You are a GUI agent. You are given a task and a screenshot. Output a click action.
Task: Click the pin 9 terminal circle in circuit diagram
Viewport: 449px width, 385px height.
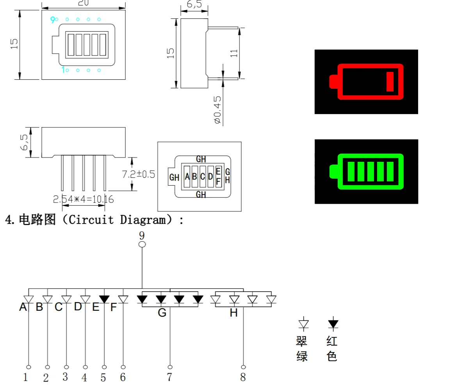pyautogui.click(x=142, y=244)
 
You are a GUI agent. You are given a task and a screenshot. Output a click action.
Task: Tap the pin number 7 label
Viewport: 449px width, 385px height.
pyautogui.click(x=169, y=377)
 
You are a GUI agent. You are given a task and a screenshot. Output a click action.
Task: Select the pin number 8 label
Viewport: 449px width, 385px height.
pyautogui.click(x=243, y=377)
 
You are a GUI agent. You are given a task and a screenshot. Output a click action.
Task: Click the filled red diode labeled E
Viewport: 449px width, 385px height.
pyautogui.click(x=104, y=299)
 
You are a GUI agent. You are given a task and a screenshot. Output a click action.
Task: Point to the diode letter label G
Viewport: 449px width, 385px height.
pyautogui.click(x=162, y=313)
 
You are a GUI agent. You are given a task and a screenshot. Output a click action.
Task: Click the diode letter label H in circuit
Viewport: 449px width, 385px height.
pyautogui.click(x=233, y=313)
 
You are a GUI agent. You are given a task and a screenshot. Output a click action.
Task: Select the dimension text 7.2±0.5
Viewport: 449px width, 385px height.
pyautogui.click(x=139, y=174)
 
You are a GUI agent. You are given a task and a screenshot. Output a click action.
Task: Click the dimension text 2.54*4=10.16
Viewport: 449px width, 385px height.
pyautogui.click(x=84, y=199)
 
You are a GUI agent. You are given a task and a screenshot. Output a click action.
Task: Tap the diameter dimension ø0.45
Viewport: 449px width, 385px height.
pyautogui.click(x=218, y=110)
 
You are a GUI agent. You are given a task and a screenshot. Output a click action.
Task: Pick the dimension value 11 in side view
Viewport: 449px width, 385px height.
pyautogui.click(x=234, y=52)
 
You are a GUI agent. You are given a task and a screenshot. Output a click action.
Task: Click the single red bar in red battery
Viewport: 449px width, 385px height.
pyautogui.click(x=390, y=82)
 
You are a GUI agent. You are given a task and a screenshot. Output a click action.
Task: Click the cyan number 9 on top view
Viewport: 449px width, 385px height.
pyautogui.click(x=52, y=20)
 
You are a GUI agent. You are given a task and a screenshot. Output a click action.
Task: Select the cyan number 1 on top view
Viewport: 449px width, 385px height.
pyautogui.click(x=62, y=70)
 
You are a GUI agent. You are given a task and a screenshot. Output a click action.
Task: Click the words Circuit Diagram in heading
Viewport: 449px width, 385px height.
pyautogui.click(x=117, y=220)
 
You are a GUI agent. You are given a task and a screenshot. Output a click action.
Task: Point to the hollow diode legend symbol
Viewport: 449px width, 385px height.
pyautogui.click(x=303, y=324)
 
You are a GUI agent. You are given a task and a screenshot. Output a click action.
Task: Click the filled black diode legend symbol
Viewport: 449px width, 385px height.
pyautogui.click(x=333, y=324)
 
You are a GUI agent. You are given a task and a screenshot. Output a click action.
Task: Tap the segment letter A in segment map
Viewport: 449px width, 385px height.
pyautogui.click(x=187, y=177)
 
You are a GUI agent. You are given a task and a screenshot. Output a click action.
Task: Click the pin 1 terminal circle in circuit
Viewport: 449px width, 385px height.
pyautogui.click(x=29, y=367)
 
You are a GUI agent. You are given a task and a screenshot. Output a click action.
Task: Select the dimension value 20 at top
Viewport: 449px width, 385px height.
pyautogui.click(x=84, y=3)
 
